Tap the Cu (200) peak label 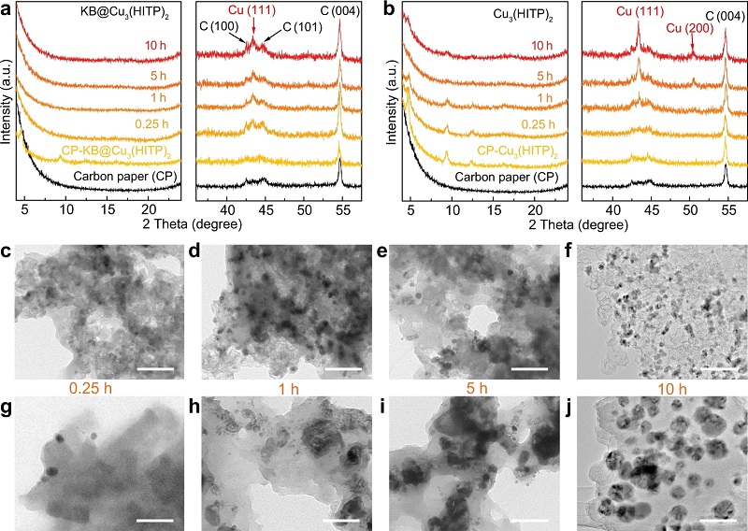(690, 29)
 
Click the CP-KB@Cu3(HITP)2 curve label (98, 151)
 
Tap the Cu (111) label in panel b (638, 12)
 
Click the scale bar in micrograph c (155, 368)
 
